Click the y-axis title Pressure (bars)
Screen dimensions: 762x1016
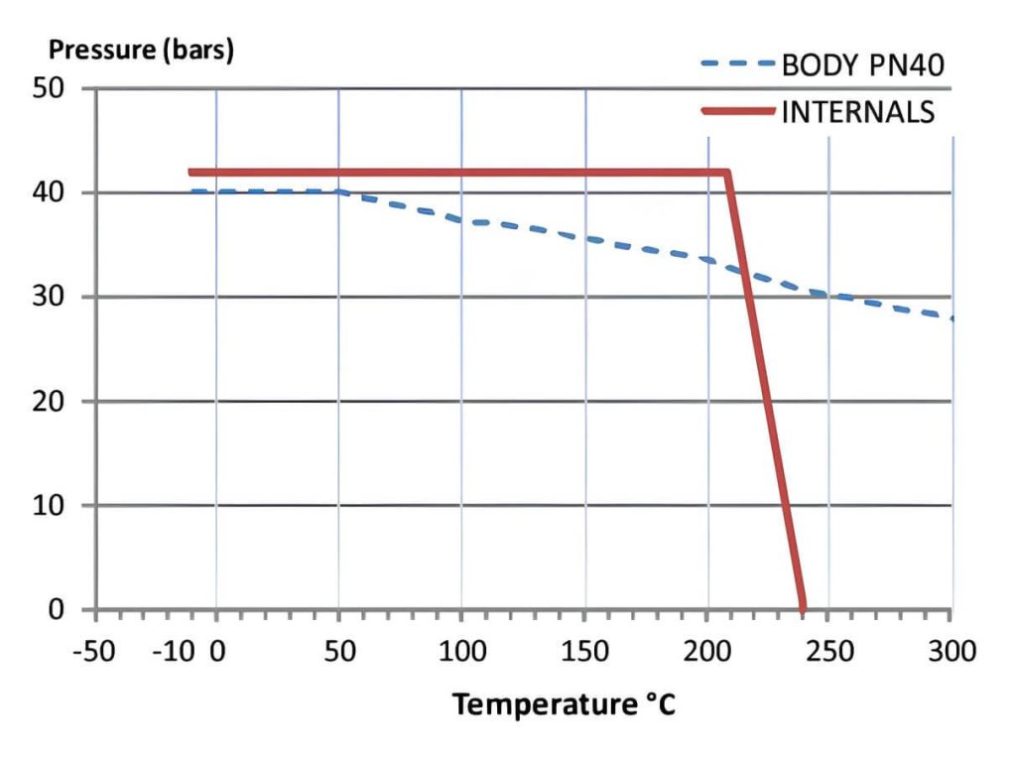click(x=141, y=51)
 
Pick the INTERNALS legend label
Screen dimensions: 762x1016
click(x=858, y=111)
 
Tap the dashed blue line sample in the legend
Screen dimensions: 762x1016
click(x=737, y=65)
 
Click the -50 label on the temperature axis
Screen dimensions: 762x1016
click(x=95, y=652)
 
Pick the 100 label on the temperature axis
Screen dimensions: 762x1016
click(x=461, y=652)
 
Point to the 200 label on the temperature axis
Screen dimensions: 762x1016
click(x=707, y=652)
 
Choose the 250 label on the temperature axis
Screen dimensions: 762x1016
click(x=829, y=652)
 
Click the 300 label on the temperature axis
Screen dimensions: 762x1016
click(x=952, y=652)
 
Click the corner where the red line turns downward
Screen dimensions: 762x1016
click(x=728, y=173)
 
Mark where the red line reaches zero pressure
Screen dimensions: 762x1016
click(x=803, y=607)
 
